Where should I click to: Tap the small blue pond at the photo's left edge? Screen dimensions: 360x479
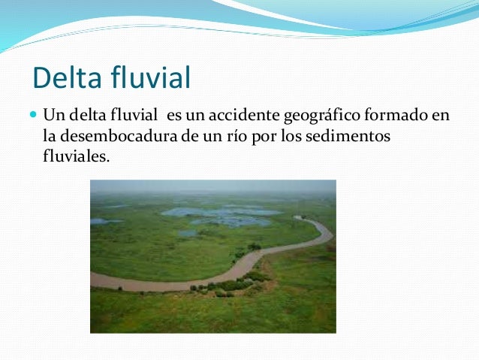point(103,221)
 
